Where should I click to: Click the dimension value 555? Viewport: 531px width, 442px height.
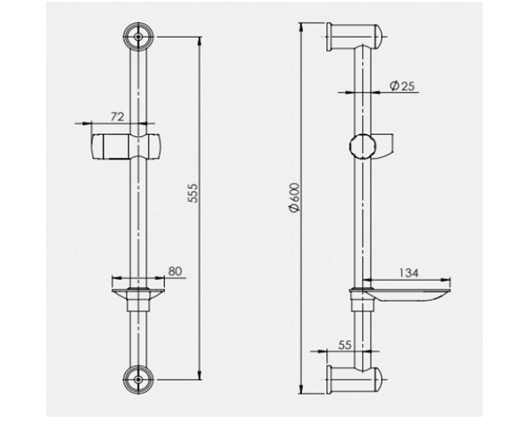[x=192, y=193]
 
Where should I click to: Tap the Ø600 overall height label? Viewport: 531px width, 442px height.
[x=295, y=197]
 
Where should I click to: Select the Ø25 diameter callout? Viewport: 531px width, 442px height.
[x=402, y=86]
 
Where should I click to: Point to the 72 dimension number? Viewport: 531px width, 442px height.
[x=118, y=117]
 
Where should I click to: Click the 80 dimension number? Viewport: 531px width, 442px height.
[x=175, y=271]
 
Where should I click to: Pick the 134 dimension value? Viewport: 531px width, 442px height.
[x=409, y=273]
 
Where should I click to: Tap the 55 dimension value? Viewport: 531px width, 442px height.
[x=345, y=345]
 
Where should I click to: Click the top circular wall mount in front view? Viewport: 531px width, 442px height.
[x=139, y=37]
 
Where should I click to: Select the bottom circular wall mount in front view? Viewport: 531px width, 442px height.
[x=139, y=380]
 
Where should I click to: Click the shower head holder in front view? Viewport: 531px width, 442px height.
[x=126, y=147]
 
